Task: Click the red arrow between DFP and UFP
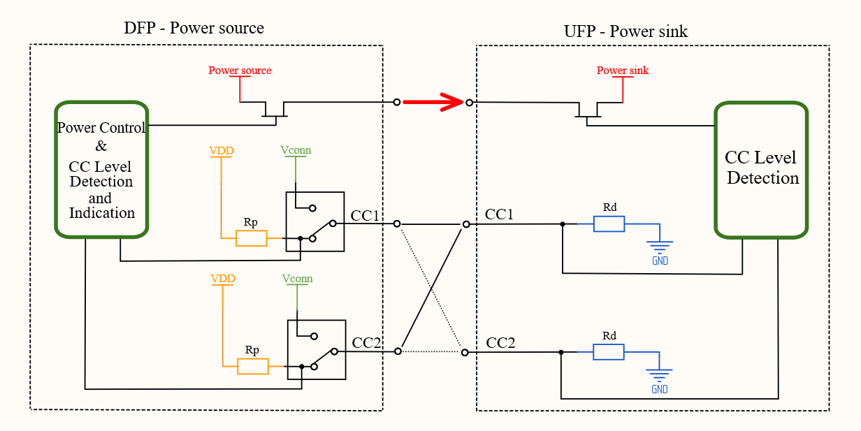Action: click(433, 103)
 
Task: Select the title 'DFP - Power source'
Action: click(194, 29)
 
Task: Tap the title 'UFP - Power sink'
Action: click(625, 31)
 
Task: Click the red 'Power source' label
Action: click(240, 71)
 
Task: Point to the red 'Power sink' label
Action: click(622, 71)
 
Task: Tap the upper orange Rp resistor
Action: click(251, 238)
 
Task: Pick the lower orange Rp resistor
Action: click(252, 366)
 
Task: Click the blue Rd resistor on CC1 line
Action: click(609, 224)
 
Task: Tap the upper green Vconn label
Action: click(296, 150)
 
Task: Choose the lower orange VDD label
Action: click(223, 279)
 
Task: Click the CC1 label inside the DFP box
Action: click(364, 215)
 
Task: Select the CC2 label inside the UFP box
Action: click(500, 343)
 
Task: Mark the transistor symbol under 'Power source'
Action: click(275, 110)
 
